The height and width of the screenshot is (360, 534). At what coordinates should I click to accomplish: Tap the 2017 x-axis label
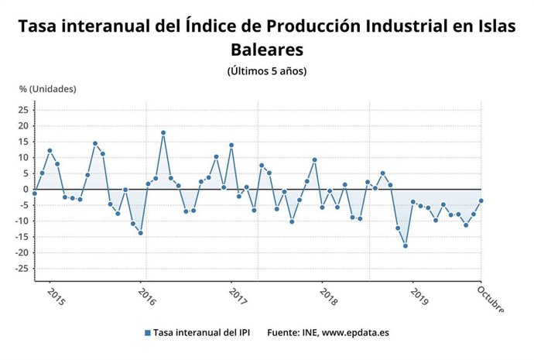click(237, 297)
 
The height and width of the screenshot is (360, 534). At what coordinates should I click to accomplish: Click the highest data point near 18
click(163, 132)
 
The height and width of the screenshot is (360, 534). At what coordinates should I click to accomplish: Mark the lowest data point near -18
click(405, 246)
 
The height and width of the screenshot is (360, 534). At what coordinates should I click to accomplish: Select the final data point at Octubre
click(481, 201)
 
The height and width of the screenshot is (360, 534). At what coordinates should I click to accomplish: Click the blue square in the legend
click(147, 333)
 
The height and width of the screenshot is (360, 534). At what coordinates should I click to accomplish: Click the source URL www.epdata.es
click(355, 333)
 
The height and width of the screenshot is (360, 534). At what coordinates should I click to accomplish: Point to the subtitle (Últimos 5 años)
click(267, 71)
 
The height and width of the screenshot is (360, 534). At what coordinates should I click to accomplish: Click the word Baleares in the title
click(267, 49)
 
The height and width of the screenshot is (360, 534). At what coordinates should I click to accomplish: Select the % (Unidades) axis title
click(48, 89)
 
